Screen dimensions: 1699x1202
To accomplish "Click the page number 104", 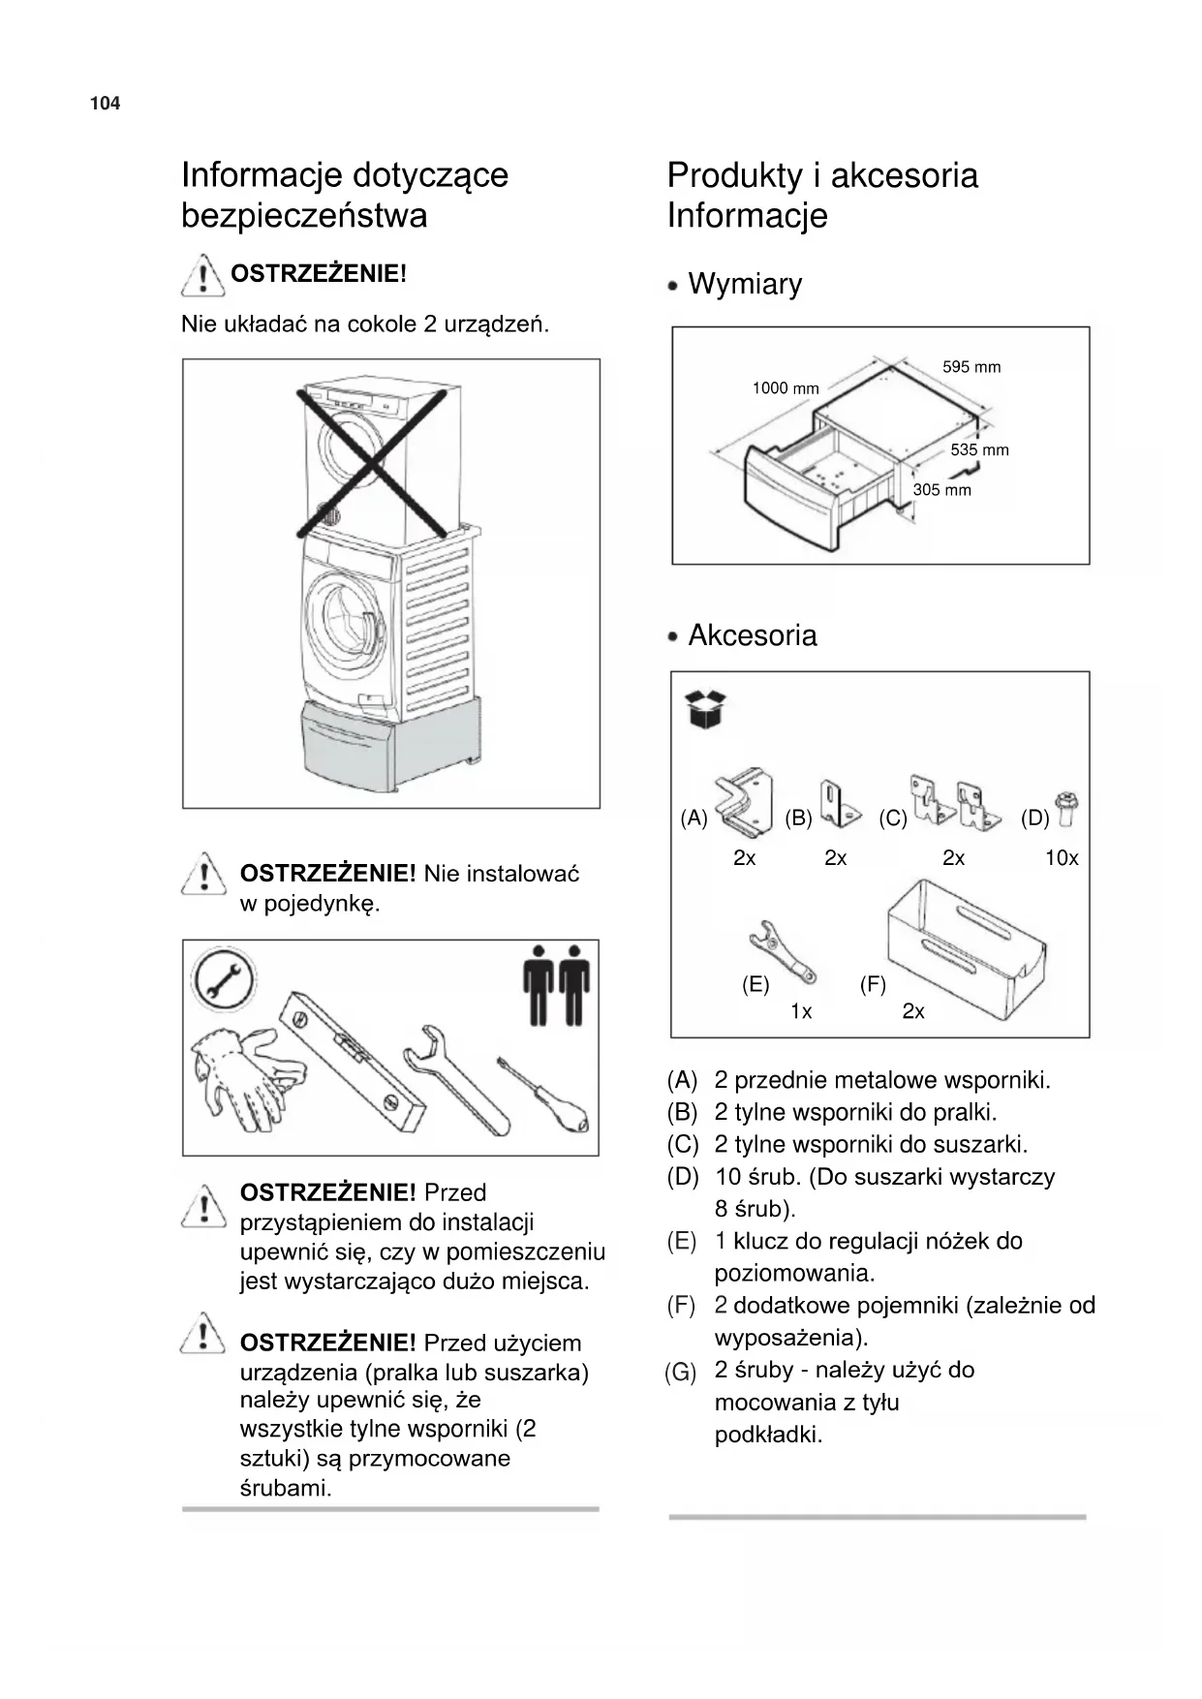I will click(x=105, y=104).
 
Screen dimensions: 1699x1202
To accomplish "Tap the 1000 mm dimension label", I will click(x=786, y=388).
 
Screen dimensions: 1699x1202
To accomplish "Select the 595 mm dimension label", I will click(x=971, y=367).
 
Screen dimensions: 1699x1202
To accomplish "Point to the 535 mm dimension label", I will click(x=979, y=449).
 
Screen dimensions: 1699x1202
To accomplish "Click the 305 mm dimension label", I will click(x=941, y=490).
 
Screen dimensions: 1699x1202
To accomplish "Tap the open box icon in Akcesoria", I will click(x=706, y=709).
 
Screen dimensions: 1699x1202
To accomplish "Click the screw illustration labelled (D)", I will click(x=1068, y=808).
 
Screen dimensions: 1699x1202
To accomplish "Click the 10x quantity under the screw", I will click(x=1062, y=858).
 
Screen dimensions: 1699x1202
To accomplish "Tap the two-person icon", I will click(x=556, y=984).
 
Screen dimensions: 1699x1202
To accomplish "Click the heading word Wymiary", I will click(x=745, y=285).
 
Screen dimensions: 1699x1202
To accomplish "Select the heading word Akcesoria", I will click(x=753, y=635).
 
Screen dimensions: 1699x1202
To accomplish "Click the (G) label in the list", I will click(x=681, y=1372).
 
